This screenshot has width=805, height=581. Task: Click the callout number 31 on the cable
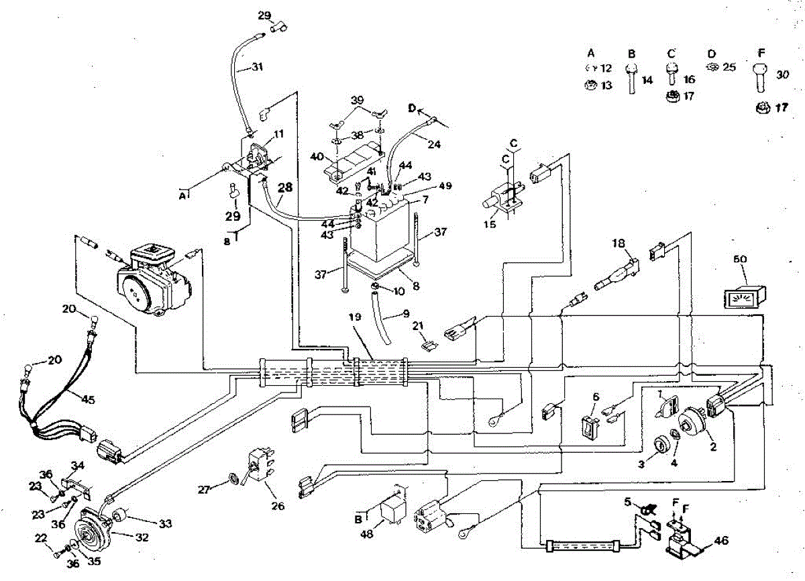click(x=258, y=66)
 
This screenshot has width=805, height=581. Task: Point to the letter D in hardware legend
click(x=711, y=53)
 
